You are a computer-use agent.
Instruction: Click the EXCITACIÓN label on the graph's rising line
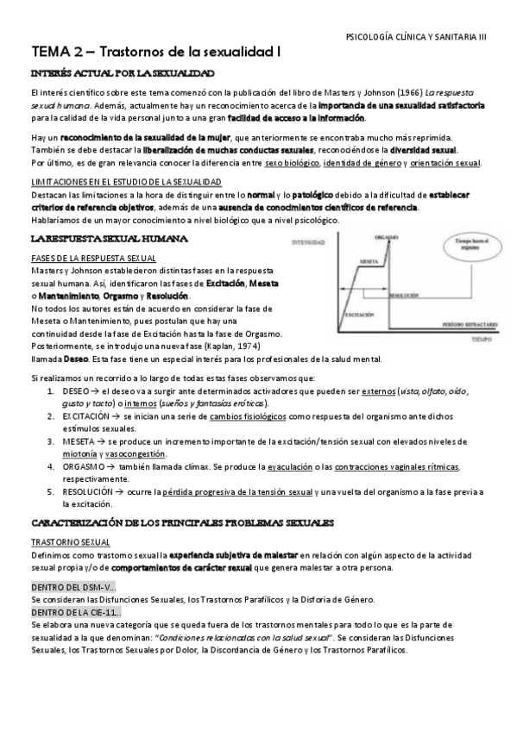point(360,316)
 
